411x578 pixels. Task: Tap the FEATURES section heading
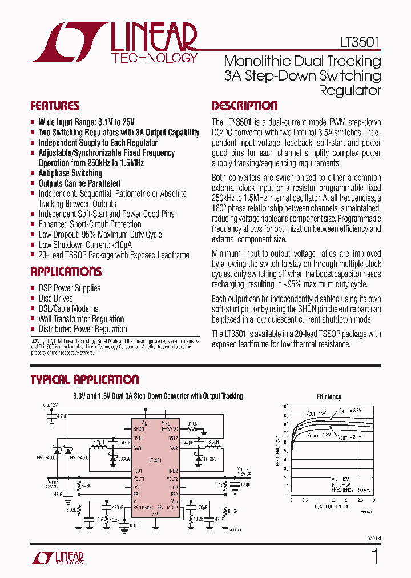(x=54, y=106)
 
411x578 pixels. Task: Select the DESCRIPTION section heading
(x=244, y=106)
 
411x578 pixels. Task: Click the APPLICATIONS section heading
(x=66, y=272)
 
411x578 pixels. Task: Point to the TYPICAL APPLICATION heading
(x=84, y=380)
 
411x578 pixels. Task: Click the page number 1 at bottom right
(x=374, y=556)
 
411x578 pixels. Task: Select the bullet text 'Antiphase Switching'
(x=70, y=173)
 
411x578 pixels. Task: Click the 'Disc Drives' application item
(x=55, y=298)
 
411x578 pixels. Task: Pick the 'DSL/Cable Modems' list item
(x=68, y=308)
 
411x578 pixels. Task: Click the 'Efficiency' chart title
(x=329, y=396)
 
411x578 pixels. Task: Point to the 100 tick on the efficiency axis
(x=285, y=406)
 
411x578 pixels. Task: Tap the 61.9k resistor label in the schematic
(x=192, y=424)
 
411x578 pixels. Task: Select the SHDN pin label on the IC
(x=139, y=428)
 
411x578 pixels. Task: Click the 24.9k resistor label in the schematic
(x=86, y=485)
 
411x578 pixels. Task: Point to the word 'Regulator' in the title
(x=349, y=90)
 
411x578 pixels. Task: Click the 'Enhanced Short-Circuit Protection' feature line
(x=90, y=224)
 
